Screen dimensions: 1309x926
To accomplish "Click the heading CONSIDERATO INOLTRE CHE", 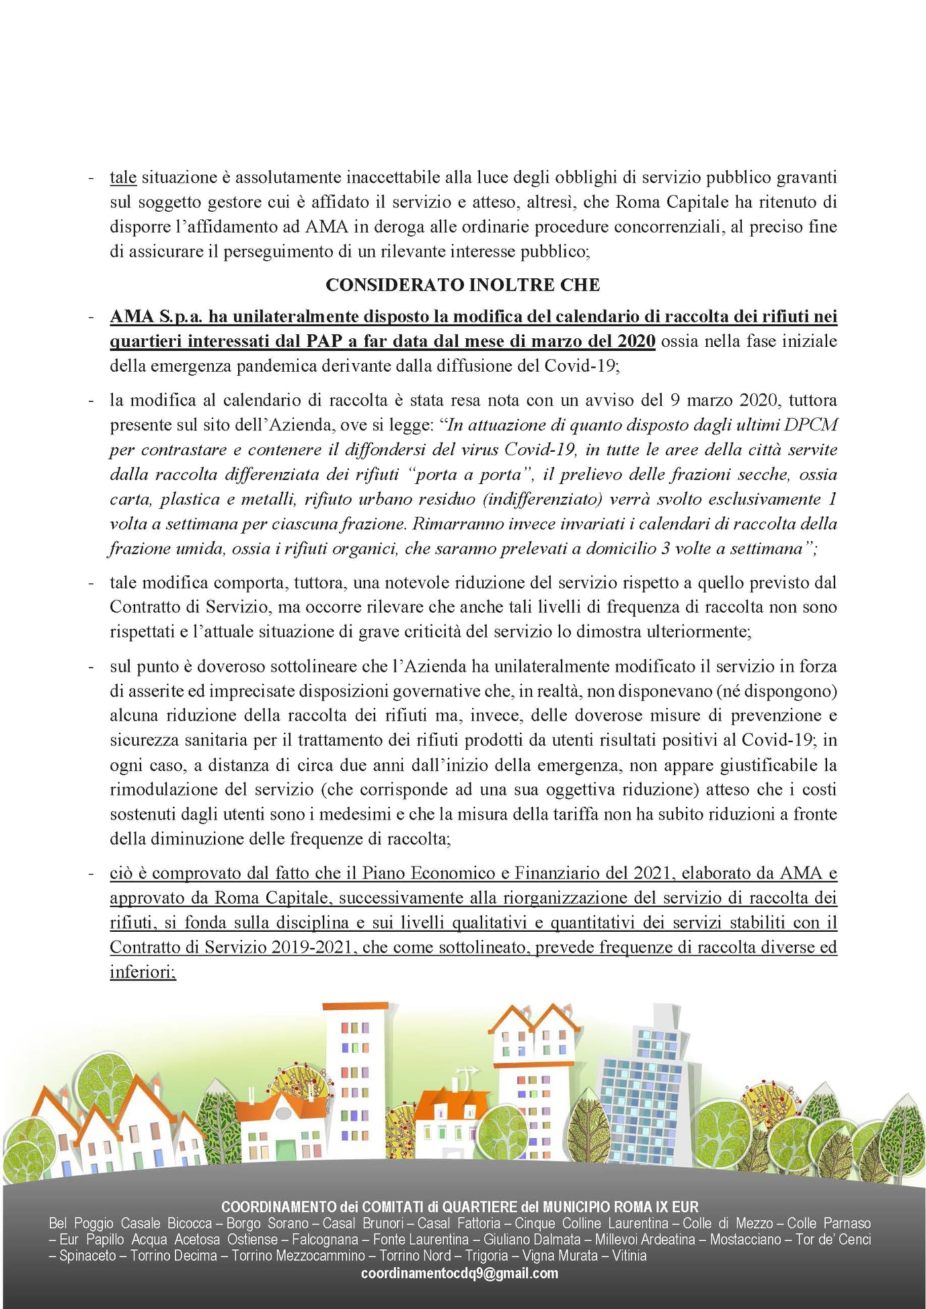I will pyautogui.click(x=463, y=285).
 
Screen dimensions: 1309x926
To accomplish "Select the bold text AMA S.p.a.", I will pyautogui.click(x=156, y=316).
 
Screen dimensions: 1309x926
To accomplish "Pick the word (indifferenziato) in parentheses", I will pyautogui.click(x=540, y=500).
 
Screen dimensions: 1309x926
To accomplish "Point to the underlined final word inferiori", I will pyautogui.click(x=143, y=972).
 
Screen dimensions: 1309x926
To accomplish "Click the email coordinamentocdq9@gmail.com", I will pyautogui.click(x=459, y=1273).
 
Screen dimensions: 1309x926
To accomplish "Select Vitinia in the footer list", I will pyautogui.click(x=629, y=1255).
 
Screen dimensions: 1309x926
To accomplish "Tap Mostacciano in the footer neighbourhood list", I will pyautogui.click(x=745, y=1239).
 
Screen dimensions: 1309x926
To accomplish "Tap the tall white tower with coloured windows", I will pyautogui.click(x=354, y=1076).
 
